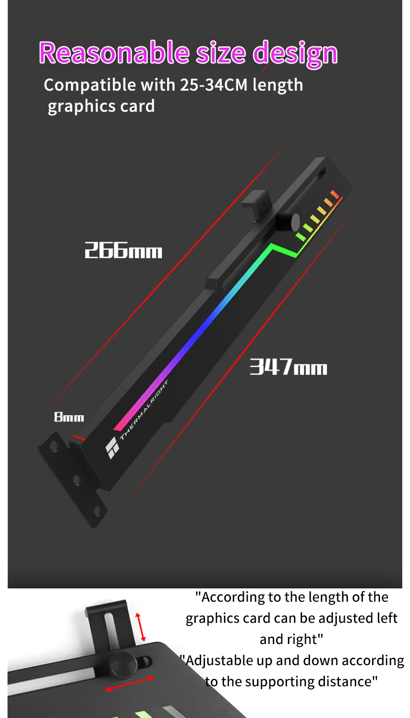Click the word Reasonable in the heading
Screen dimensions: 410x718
(x=114, y=52)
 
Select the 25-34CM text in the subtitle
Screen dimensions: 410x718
(x=214, y=85)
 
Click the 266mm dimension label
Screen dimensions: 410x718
(x=123, y=250)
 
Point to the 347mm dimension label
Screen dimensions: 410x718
(x=288, y=367)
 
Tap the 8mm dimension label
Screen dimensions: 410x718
(x=69, y=417)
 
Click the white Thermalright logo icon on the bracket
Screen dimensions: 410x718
(x=112, y=448)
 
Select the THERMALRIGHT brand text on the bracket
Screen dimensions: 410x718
(x=144, y=410)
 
